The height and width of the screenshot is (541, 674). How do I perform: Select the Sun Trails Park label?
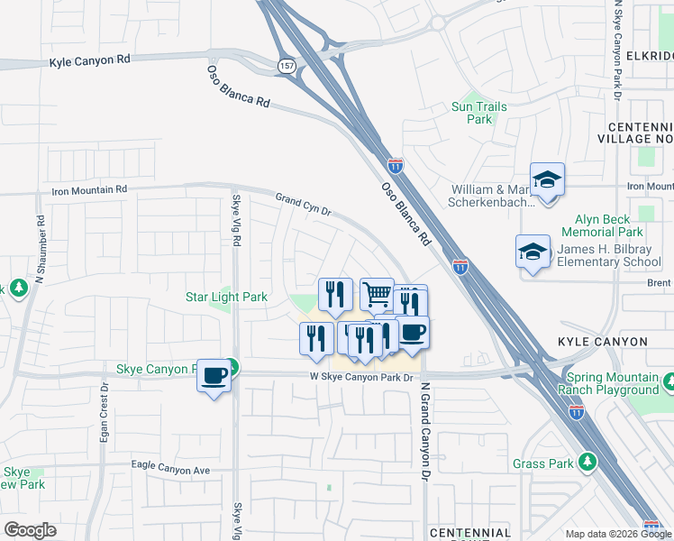478,113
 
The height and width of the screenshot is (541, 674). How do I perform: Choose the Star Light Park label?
226,297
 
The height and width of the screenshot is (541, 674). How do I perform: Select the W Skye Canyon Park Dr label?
366,378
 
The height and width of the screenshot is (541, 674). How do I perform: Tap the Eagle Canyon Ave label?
170,471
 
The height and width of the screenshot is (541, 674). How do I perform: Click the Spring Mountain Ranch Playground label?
608,383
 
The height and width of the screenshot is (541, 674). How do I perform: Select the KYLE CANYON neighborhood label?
602,342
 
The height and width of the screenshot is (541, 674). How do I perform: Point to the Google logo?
30,529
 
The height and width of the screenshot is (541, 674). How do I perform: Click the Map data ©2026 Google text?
617,534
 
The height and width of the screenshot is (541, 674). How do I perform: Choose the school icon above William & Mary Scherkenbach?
547,179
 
